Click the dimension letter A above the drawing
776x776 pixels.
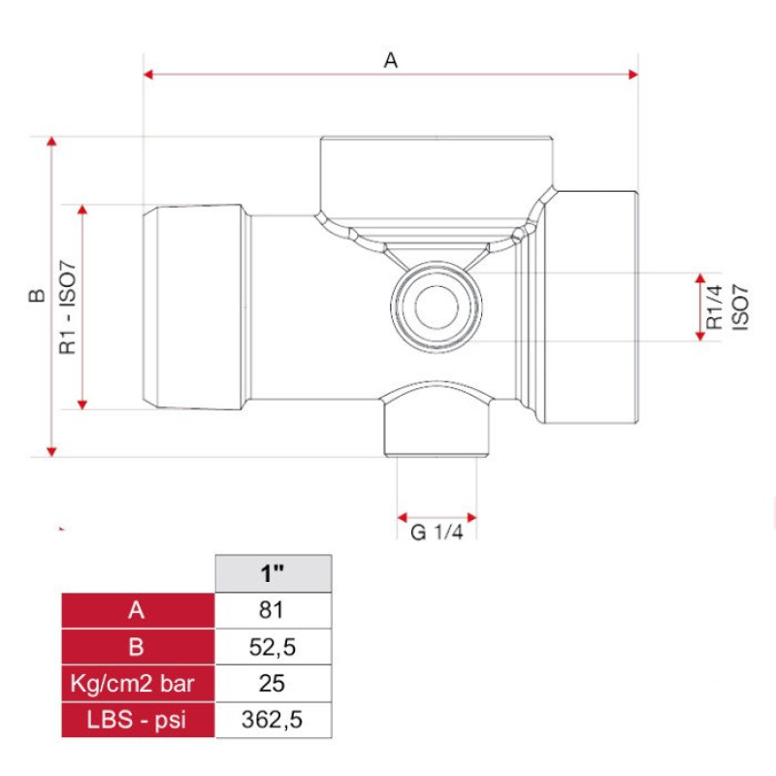[391, 60]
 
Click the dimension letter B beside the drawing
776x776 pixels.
[36, 297]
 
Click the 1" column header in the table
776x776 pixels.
[272, 573]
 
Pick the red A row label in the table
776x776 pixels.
[137, 610]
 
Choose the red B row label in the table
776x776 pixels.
[137, 647]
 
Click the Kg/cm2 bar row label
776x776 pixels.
[137, 683]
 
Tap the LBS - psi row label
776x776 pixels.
[137, 719]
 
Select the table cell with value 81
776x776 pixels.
[272, 610]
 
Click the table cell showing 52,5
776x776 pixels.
[272, 647]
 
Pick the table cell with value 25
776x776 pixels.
[272, 683]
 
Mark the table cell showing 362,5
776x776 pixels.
[272, 719]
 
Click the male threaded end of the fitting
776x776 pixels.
[194, 307]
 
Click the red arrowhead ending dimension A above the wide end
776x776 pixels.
[633, 74]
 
